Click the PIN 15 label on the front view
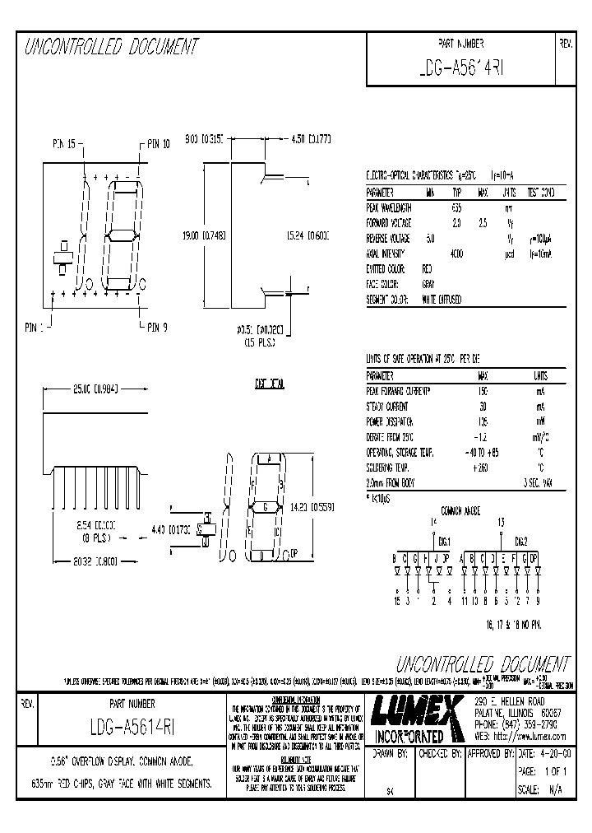64,143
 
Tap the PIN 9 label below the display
156,327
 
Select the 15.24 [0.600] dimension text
307,235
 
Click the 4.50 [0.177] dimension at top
311,140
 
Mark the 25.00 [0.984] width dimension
95,389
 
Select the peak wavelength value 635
456,208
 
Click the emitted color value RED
427,269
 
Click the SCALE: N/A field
543,789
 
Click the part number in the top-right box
460,69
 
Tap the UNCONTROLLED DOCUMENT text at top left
111,47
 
